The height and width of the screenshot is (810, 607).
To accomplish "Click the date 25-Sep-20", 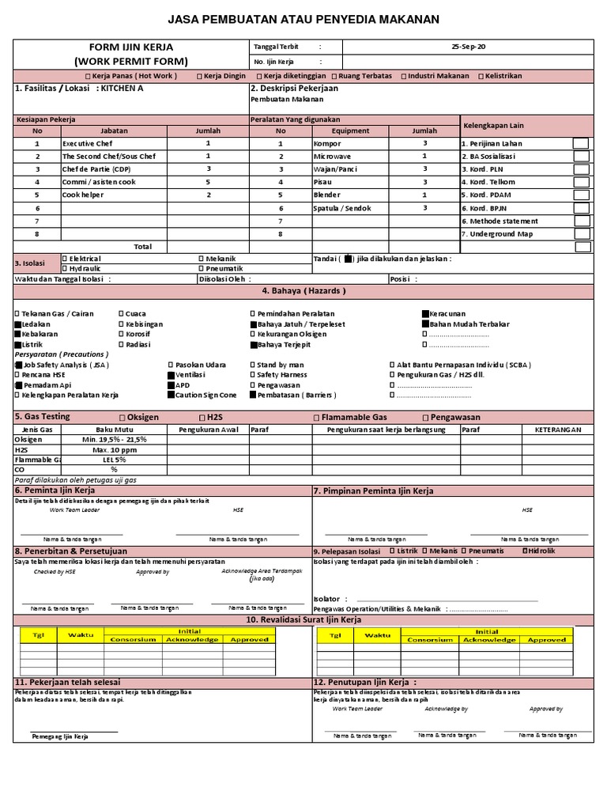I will click(x=468, y=47).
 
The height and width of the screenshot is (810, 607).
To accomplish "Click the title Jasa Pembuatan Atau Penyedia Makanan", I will click(x=303, y=20).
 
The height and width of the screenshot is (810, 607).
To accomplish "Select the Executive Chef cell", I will click(x=88, y=144).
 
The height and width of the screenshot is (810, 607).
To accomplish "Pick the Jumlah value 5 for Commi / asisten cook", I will click(x=208, y=182).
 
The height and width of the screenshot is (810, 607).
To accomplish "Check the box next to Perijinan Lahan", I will click(x=581, y=143).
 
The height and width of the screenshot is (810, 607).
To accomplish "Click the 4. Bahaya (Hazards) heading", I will click(x=303, y=291).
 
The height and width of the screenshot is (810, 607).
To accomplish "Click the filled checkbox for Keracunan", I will click(x=425, y=314).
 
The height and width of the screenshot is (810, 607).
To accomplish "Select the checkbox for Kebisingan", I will click(x=122, y=324).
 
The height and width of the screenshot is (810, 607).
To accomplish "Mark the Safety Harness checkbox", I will click(x=253, y=375).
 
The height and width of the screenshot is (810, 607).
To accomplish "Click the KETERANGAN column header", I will click(x=558, y=430).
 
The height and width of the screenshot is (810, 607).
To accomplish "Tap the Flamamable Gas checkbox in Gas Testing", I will click(x=317, y=418).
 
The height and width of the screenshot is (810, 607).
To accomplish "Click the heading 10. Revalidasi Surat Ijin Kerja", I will click(x=303, y=619).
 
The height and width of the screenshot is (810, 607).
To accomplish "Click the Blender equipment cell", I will click(x=326, y=195).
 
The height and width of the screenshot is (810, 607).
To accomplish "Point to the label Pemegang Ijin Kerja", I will click(x=60, y=736).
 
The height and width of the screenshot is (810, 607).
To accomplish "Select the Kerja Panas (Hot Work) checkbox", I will click(x=88, y=77).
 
